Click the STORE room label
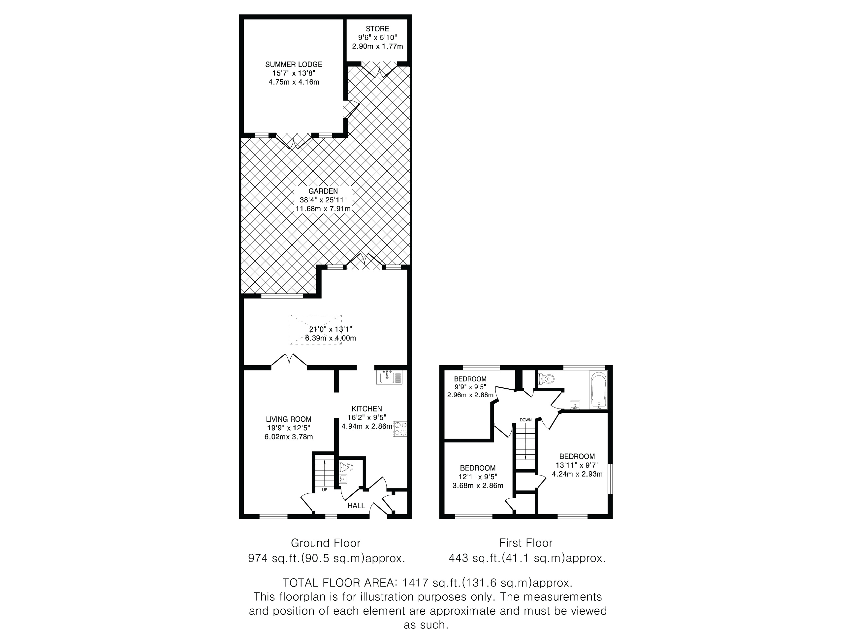377,29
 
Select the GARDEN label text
323,191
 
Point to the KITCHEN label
367,409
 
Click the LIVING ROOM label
288,419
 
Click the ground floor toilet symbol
346,467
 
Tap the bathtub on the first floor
599,389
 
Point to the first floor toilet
546,378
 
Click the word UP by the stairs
325,489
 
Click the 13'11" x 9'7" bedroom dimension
577,465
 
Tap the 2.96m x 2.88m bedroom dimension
470,395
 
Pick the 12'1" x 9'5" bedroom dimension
478,477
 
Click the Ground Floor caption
326,543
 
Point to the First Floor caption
526,543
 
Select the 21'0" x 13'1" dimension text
331,329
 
